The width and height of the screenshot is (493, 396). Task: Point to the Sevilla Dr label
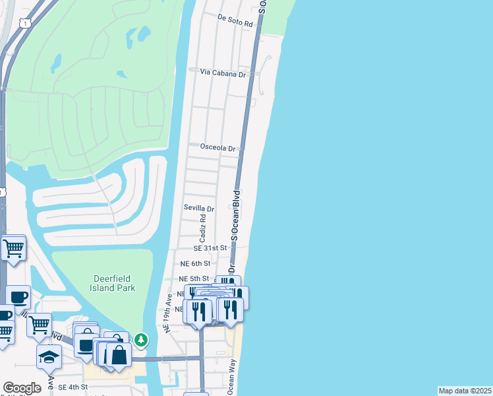click(x=199, y=208)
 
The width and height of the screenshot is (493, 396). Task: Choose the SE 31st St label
click(x=210, y=248)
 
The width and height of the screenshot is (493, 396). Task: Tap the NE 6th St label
click(x=195, y=263)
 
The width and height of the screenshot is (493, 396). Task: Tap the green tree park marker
click(x=140, y=340)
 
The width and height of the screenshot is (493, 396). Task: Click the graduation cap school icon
click(x=49, y=356)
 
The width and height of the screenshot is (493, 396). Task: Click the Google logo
click(x=22, y=388)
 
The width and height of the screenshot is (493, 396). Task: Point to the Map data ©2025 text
click(x=465, y=391)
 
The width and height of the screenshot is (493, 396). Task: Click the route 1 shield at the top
click(x=25, y=23)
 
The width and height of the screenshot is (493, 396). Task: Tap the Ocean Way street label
click(x=231, y=377)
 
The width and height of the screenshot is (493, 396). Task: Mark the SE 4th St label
click(x=73, y=387)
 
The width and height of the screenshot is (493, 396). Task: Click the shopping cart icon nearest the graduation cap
click(x=39, y=324)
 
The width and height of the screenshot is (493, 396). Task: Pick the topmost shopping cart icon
click(x=13, y=249)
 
